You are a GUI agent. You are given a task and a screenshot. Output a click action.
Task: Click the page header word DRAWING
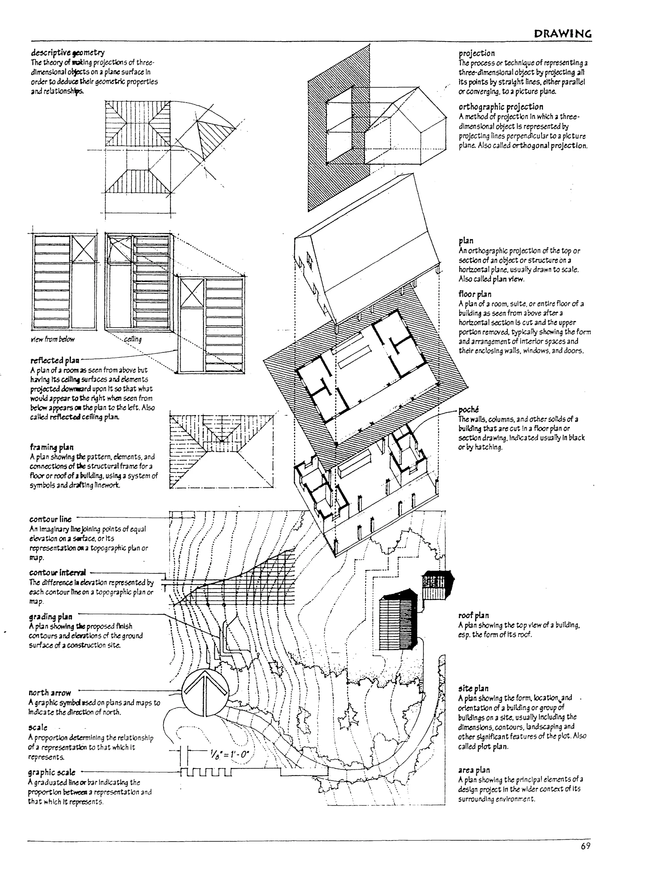562,34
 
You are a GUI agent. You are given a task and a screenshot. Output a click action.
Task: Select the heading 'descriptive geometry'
67,53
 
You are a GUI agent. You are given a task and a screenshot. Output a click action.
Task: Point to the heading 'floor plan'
475,294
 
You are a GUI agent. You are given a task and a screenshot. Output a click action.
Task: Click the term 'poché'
468,410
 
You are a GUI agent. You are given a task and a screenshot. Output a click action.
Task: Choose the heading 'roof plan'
473,615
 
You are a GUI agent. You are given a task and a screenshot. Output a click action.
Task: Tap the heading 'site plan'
473,688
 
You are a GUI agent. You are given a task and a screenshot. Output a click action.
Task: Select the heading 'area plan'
474,770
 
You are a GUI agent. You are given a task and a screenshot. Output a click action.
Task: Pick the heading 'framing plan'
51,447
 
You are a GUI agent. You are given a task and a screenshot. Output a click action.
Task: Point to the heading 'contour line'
50,519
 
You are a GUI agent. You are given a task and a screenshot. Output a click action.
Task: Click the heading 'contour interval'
58,572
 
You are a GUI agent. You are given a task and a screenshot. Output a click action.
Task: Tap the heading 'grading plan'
50,616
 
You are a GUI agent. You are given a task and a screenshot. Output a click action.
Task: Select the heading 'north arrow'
49,693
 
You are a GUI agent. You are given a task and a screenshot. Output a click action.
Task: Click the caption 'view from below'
53,339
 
